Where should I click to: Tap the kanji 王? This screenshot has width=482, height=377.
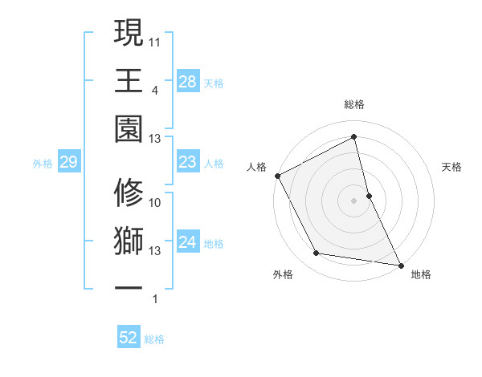(x=129, y=81)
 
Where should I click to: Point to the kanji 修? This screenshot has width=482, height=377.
(x=129, y=193)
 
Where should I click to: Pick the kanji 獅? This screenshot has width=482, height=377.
(x=129, y=241)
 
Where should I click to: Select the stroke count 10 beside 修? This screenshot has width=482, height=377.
(x=156, y=203)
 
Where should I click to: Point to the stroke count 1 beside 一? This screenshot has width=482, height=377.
(x=154, y=299)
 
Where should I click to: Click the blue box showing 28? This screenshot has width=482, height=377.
(x=187, y=82)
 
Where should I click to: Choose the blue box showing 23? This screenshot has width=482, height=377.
(x=187, y=163)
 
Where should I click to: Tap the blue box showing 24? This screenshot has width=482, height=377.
(x=187, y=243)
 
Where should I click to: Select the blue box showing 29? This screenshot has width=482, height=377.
(x=68, y=163)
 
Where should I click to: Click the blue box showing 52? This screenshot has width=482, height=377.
(x=129, y=338)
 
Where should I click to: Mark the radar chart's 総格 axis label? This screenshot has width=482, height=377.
(x=353, y=104)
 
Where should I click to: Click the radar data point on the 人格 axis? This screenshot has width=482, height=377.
(x=277, y=176)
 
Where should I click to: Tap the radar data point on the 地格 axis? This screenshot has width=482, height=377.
(x=400, y=265)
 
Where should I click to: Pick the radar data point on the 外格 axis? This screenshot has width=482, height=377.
(x=317, y=253)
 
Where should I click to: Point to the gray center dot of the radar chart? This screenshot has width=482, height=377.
(x=353, y=201)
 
